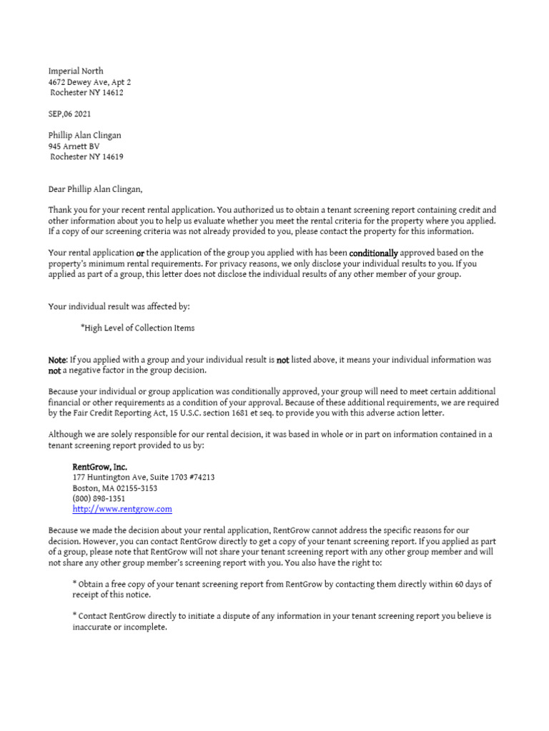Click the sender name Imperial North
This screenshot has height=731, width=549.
pyautogui.click(x=76, y=71)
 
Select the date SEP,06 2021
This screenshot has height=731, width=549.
pyautogui.click(x=70, y=114)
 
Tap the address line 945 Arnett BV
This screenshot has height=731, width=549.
pyautogui.click(x=74, y=146)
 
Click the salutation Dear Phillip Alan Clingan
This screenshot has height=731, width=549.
pyautogui.click(x=95, y=189)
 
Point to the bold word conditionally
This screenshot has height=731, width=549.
pyautogui.click(x=373, y=253)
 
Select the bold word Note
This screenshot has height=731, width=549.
pyautogui.click(x=57, y=361)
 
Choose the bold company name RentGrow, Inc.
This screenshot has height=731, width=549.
pyautogui.click(x=100, y=467)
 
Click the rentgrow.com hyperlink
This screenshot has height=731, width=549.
pyautogui.click(x=122, y=510)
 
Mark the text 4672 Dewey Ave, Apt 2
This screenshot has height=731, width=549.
pyautogui.click(x=89, y=82)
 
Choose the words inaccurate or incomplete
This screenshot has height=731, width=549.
pyautogui.click(x=119, y=627)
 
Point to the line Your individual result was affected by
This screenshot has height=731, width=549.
pyautogui.click(x=119, y=307)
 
